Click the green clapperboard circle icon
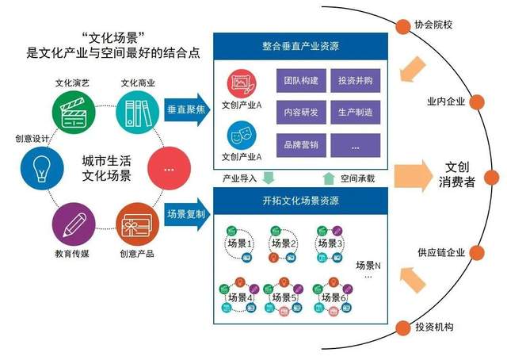coord(74,113)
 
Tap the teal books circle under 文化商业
coord(137,113)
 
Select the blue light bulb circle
coord(42,168)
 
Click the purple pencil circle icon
coord(74,224)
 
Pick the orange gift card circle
coord(137,224)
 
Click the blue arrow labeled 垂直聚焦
coord(187,109)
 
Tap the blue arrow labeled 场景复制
coord(187,214)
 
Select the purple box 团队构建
coord(301,80)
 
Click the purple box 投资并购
coord(356,80)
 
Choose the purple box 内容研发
coord(301,112)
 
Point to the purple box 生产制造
coord(356,112)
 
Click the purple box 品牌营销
coord(301,145)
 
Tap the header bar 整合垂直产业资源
coord(300,46)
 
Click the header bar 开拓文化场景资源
coord(300,201)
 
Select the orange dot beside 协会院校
coord(403,26)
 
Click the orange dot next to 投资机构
coord(403,328)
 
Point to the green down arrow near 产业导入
coord(269,178)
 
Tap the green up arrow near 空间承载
coord(329,178)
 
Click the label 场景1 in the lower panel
coord(239,243)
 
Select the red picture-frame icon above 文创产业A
coord(241,84)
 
